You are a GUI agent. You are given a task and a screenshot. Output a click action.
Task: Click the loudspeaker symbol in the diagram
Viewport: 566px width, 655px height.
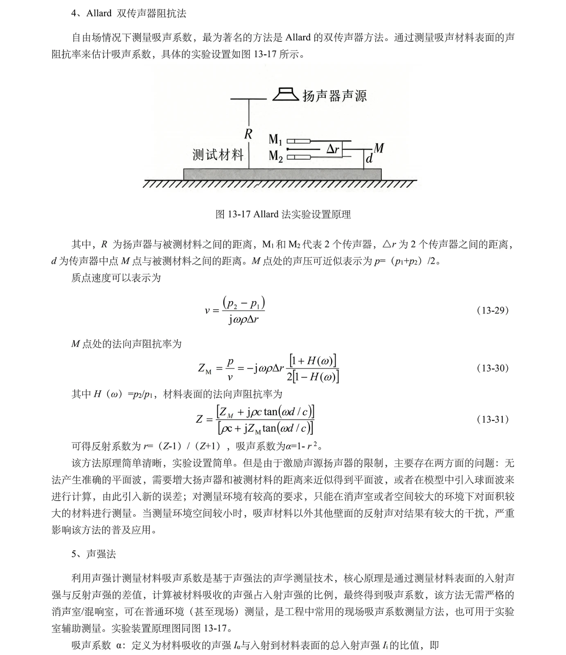(x=286, y=94)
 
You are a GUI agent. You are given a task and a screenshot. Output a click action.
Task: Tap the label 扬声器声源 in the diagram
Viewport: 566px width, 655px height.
(x=334, y=96)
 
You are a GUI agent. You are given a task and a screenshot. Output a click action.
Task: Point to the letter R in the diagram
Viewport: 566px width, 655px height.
(x=248, y=134)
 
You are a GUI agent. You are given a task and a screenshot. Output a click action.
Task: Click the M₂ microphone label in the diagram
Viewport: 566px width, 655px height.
(x=275, y=156)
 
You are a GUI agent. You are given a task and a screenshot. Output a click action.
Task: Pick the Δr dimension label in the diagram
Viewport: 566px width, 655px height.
(x=333, y=149)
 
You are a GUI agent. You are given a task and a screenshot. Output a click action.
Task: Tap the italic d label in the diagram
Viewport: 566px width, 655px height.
(x=369, y=159)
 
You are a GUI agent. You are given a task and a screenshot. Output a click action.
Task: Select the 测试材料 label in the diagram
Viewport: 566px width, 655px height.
(x=218, y=155)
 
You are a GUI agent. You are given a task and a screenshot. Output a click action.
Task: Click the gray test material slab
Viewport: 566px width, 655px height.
(x=282, y=174)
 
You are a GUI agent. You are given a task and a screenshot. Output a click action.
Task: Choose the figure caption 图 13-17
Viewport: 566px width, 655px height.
(x=283, y=214)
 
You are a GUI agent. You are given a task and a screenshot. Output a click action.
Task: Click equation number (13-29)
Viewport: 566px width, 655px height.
(x=492, y=310)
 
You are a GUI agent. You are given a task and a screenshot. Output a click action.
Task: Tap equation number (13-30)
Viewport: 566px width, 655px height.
(x=492, y=368)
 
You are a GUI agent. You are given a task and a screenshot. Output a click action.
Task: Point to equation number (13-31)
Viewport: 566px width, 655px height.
(x=492, y=419)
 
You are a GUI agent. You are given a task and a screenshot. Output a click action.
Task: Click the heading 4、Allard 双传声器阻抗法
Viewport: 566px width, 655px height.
(x=129, y=14)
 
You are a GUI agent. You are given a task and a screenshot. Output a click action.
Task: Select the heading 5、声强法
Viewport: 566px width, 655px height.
(x=94, y=554)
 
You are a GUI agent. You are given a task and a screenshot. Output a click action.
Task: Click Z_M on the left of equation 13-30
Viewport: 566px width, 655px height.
(x=205, y=368)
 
